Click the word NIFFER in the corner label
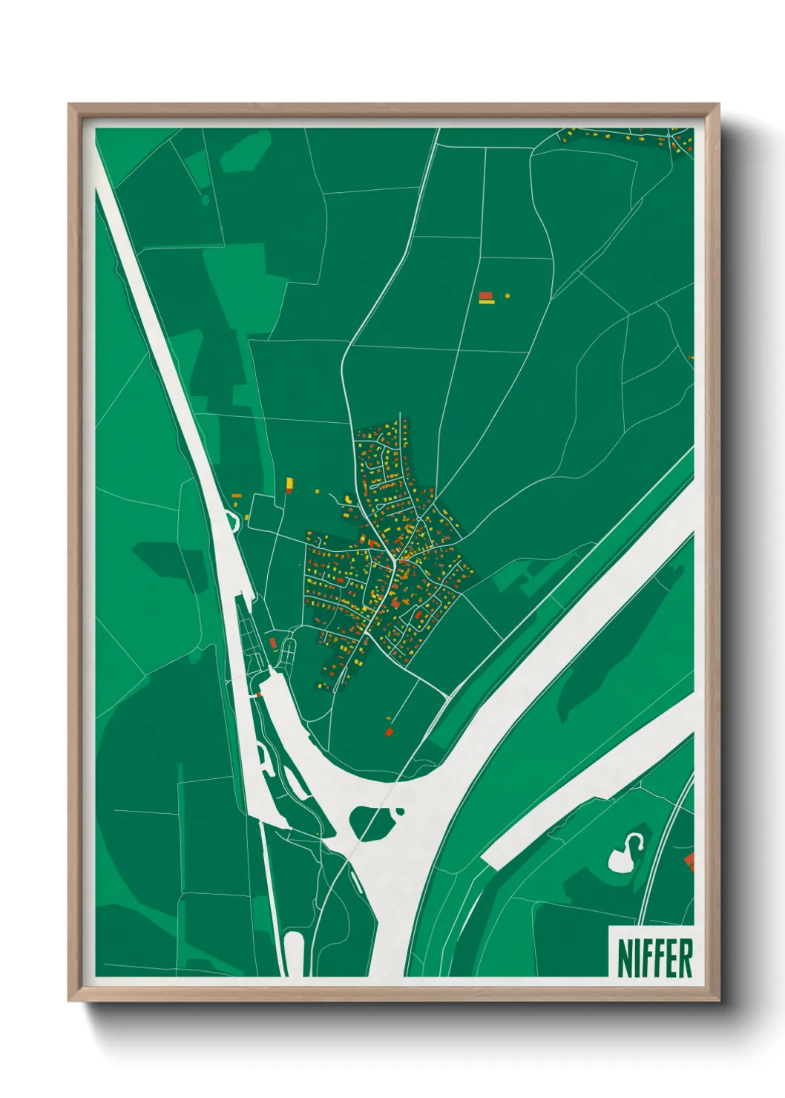[654, 958]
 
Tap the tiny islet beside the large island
[401, 810]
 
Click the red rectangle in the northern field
[486, 295]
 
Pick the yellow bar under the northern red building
[487, 302]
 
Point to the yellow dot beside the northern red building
[508, 296]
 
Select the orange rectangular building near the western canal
[237, 496]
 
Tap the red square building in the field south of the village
[389, 732]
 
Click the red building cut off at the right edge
[689, 861]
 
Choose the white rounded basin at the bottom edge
[295, 953]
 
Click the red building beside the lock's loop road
[273, 642]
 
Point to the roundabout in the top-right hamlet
[673, 136]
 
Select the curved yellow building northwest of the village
[347, 499]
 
